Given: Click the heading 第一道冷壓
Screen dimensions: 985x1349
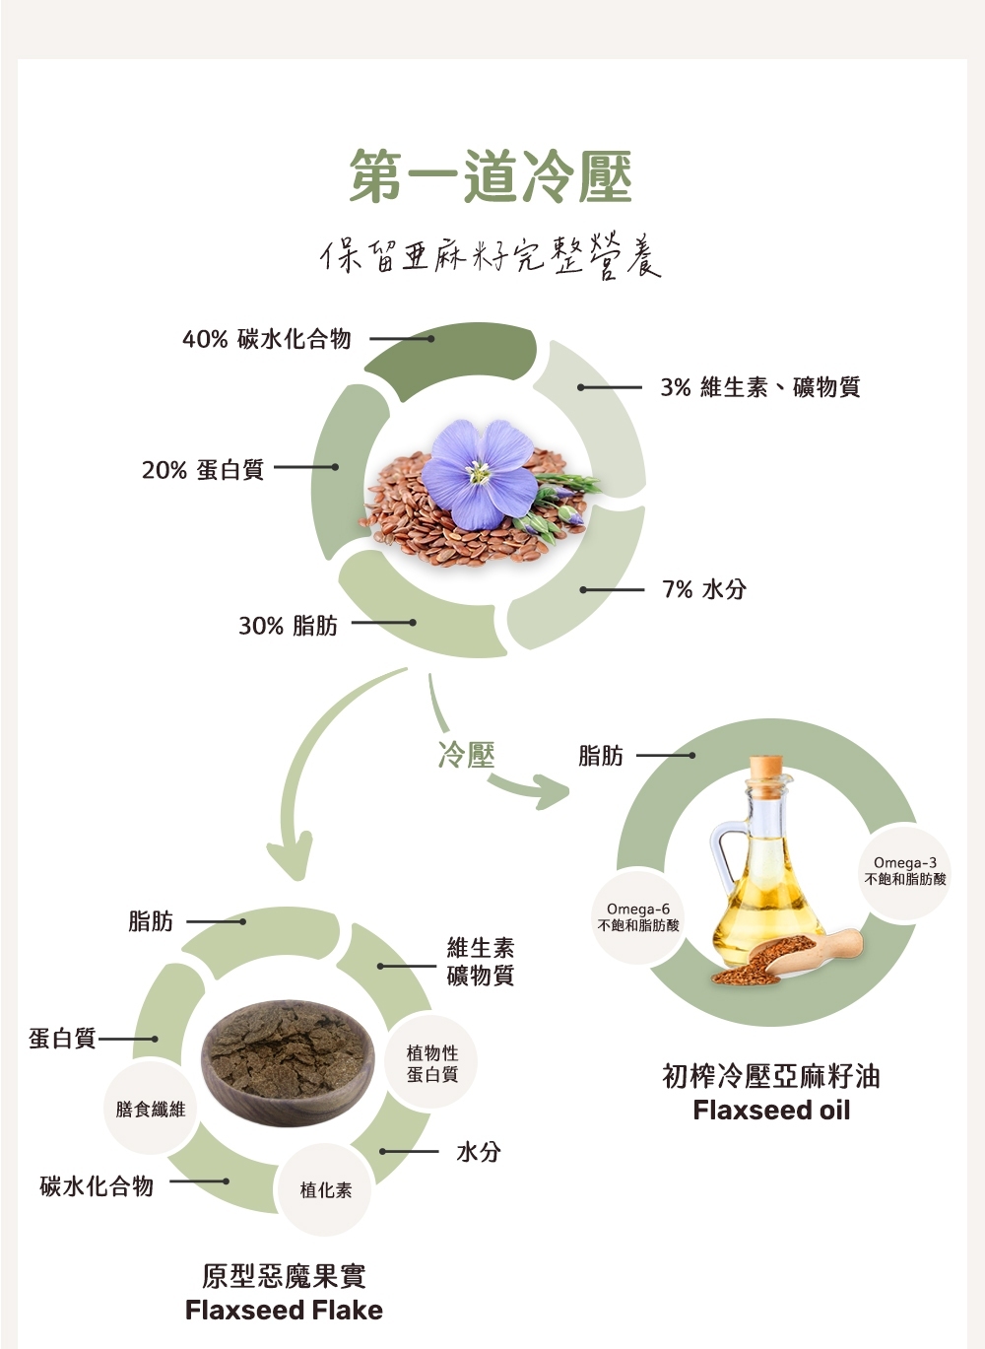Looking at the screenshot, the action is (491, 177).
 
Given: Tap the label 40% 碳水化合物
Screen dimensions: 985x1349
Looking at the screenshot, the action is (267, 339).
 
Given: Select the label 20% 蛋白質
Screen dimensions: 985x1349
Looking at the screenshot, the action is (203, 470).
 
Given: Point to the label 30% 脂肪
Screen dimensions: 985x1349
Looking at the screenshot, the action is (288, 626).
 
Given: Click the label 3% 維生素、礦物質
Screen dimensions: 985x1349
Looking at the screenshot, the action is (760, 387).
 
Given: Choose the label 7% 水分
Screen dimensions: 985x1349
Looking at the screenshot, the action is (704, 589).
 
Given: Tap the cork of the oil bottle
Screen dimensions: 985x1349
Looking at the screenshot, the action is (765, 766).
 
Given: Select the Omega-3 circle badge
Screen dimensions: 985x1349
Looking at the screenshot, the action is (905, 871).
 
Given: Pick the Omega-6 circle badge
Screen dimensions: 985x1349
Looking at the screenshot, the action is (638, 916).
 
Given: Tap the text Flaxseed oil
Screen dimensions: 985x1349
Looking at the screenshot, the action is (771, 1111).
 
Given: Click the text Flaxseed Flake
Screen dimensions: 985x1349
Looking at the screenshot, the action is (284, 1310).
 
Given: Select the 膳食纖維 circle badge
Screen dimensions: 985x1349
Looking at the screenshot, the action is (151, 1109).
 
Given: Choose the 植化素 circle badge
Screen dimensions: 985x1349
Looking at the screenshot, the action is (326, 1190).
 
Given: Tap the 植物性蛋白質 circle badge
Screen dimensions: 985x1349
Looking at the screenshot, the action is (432, 1064).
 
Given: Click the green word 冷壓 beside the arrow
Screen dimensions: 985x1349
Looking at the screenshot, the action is (466, 755).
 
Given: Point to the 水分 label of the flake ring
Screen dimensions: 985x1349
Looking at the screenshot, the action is (479, 1151).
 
